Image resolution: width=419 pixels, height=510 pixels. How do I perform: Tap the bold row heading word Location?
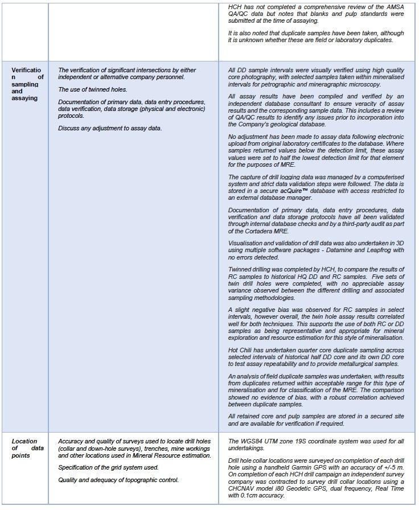24,441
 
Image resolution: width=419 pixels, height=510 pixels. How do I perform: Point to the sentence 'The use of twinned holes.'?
92,90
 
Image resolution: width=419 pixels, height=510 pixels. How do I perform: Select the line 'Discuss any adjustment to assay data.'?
110,128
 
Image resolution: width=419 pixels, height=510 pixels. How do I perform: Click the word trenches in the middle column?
152,448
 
